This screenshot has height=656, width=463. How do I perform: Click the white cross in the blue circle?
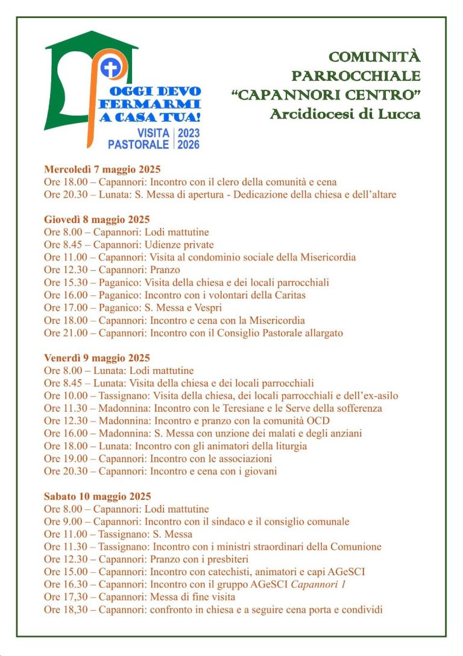(110, 68)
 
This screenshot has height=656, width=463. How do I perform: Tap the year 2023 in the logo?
(189, 133)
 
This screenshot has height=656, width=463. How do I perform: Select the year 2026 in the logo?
(189, 145)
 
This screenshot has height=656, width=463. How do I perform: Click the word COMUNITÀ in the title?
(374, 58)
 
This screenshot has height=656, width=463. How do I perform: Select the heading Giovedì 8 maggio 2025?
(96, 219)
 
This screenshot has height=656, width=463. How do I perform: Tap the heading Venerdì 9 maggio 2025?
(96, 358)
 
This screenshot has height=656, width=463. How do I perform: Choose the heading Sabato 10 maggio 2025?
(97, 496)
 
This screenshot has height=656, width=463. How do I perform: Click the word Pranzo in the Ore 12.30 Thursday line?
(165, 270)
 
